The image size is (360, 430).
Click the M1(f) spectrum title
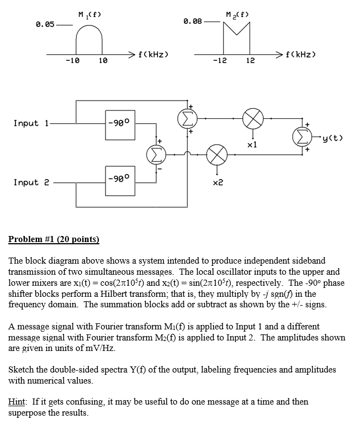[x=89, y=13]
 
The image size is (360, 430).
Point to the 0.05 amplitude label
[x=45, y=24]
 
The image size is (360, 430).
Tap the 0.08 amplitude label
[x=192, y=21]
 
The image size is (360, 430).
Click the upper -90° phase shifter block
[x=120, y=123]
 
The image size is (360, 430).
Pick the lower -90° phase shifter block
[x=120, y=179]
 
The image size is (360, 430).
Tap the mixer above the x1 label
[x=253, y=118]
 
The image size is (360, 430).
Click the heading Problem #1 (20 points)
[x=54, y=239]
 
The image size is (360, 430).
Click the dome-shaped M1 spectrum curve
[x=89, y=39]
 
